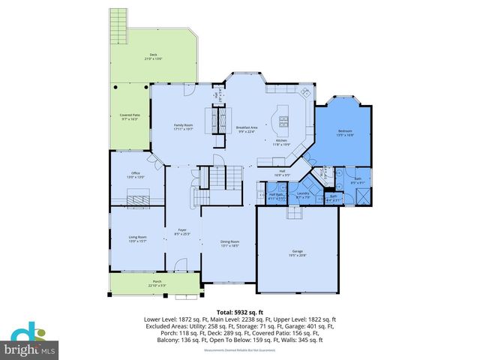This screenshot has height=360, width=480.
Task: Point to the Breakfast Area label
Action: pos(247,130)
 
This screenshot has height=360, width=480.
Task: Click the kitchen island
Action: pos(284,118)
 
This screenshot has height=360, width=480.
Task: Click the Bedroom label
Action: pos(344,132)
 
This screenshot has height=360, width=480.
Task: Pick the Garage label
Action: pos(298,253)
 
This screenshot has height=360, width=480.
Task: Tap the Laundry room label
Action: pos(303,195)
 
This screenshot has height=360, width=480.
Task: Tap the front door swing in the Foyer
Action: pos(180,265)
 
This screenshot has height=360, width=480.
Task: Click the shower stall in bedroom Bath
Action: pos(362,196)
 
